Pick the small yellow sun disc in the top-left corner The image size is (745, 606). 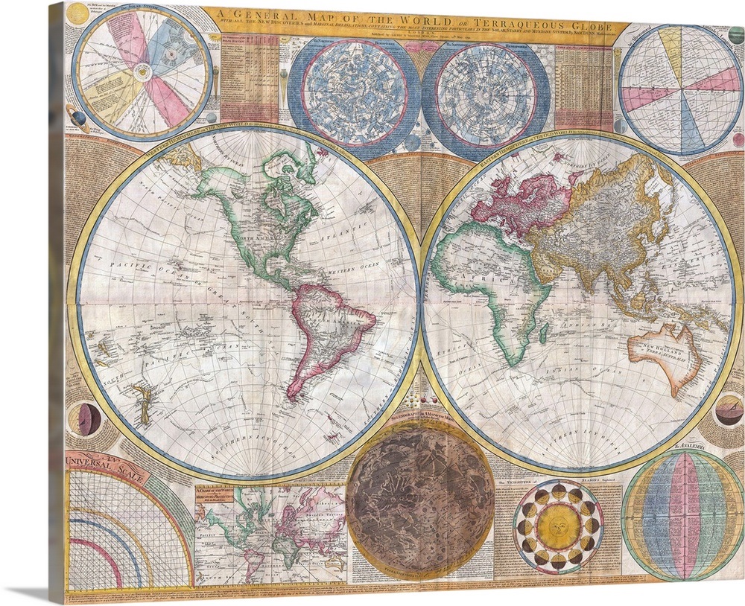(x=77, y=12)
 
